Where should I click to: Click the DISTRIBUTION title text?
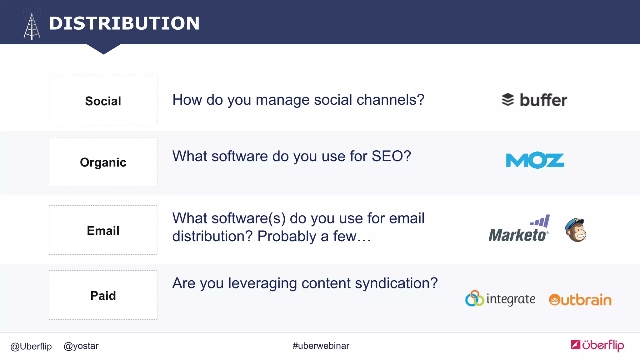click(124, 23)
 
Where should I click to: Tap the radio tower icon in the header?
click(32, 25)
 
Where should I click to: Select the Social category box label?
click(103, 101)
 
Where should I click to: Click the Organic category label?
click(103, 162)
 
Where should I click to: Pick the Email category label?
click(103, 231)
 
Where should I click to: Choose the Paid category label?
click(103, 296)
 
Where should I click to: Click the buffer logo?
click(534, 100)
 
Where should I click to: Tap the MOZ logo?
click(535, 160)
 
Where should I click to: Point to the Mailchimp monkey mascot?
click(576, 230)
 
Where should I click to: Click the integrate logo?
click(500, 299)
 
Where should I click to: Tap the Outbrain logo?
click(580, 300)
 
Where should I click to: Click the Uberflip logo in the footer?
click(597, 345)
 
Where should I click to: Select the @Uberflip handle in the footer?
click(31, 346)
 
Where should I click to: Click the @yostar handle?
click(81, 346)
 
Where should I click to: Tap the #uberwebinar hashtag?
click(321, 346)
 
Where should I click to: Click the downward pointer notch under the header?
click(104, 49)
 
